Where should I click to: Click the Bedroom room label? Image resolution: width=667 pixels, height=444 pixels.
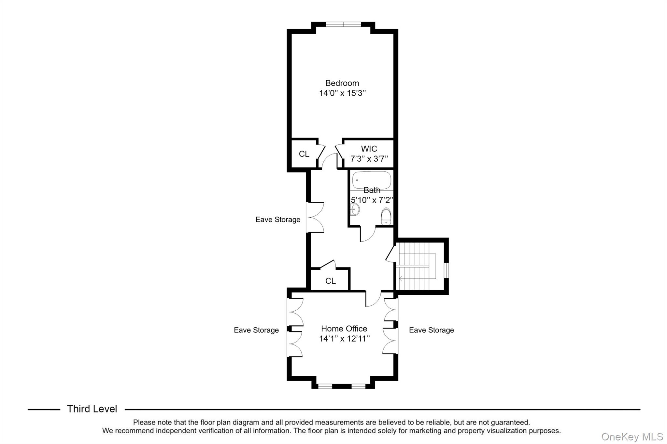[342, 83]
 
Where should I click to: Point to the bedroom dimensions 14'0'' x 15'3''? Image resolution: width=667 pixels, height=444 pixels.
[342, 93]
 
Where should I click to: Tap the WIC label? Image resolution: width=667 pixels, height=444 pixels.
[369, 149]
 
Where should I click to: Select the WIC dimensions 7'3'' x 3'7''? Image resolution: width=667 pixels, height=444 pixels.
[369, 159]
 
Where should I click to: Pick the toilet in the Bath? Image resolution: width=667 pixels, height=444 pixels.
[386, 217]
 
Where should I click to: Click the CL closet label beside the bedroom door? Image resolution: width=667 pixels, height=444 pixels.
[304, 154]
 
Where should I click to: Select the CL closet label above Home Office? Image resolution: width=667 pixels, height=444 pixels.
[330, 281]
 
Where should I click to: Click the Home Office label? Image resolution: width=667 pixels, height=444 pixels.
[344, 329]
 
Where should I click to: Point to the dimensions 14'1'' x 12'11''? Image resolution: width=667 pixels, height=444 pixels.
[344, 339]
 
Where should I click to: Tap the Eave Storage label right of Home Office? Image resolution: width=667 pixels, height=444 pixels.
[431, 330]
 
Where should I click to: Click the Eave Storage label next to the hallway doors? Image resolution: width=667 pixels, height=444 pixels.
[278, 220]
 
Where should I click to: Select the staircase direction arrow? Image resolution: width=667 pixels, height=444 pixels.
[401, 279]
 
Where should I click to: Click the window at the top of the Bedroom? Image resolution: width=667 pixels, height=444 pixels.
[343, 24]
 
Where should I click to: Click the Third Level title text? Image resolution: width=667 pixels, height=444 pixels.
[92, 409]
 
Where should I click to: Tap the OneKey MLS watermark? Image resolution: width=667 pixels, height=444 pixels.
[632, 437]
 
